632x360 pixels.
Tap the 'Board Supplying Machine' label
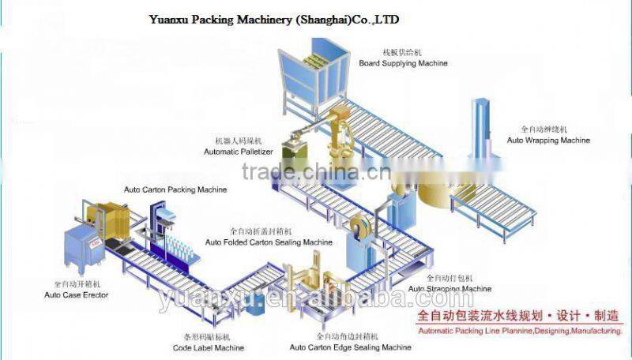tap(403, 63)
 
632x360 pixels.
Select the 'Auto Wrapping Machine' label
tap(548, 141)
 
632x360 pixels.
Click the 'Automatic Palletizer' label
tap(239, 151)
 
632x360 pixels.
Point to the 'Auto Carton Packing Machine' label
tap(175, 190)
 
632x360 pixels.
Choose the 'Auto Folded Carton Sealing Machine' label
tap(269, 242)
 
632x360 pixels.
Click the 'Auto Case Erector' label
tap(77, 294)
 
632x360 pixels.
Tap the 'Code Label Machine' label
tap(209, 347)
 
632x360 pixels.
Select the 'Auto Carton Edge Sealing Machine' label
tap(350, 347)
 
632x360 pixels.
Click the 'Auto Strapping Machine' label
tap(449, 289)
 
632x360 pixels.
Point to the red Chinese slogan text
tap(517, 317)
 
